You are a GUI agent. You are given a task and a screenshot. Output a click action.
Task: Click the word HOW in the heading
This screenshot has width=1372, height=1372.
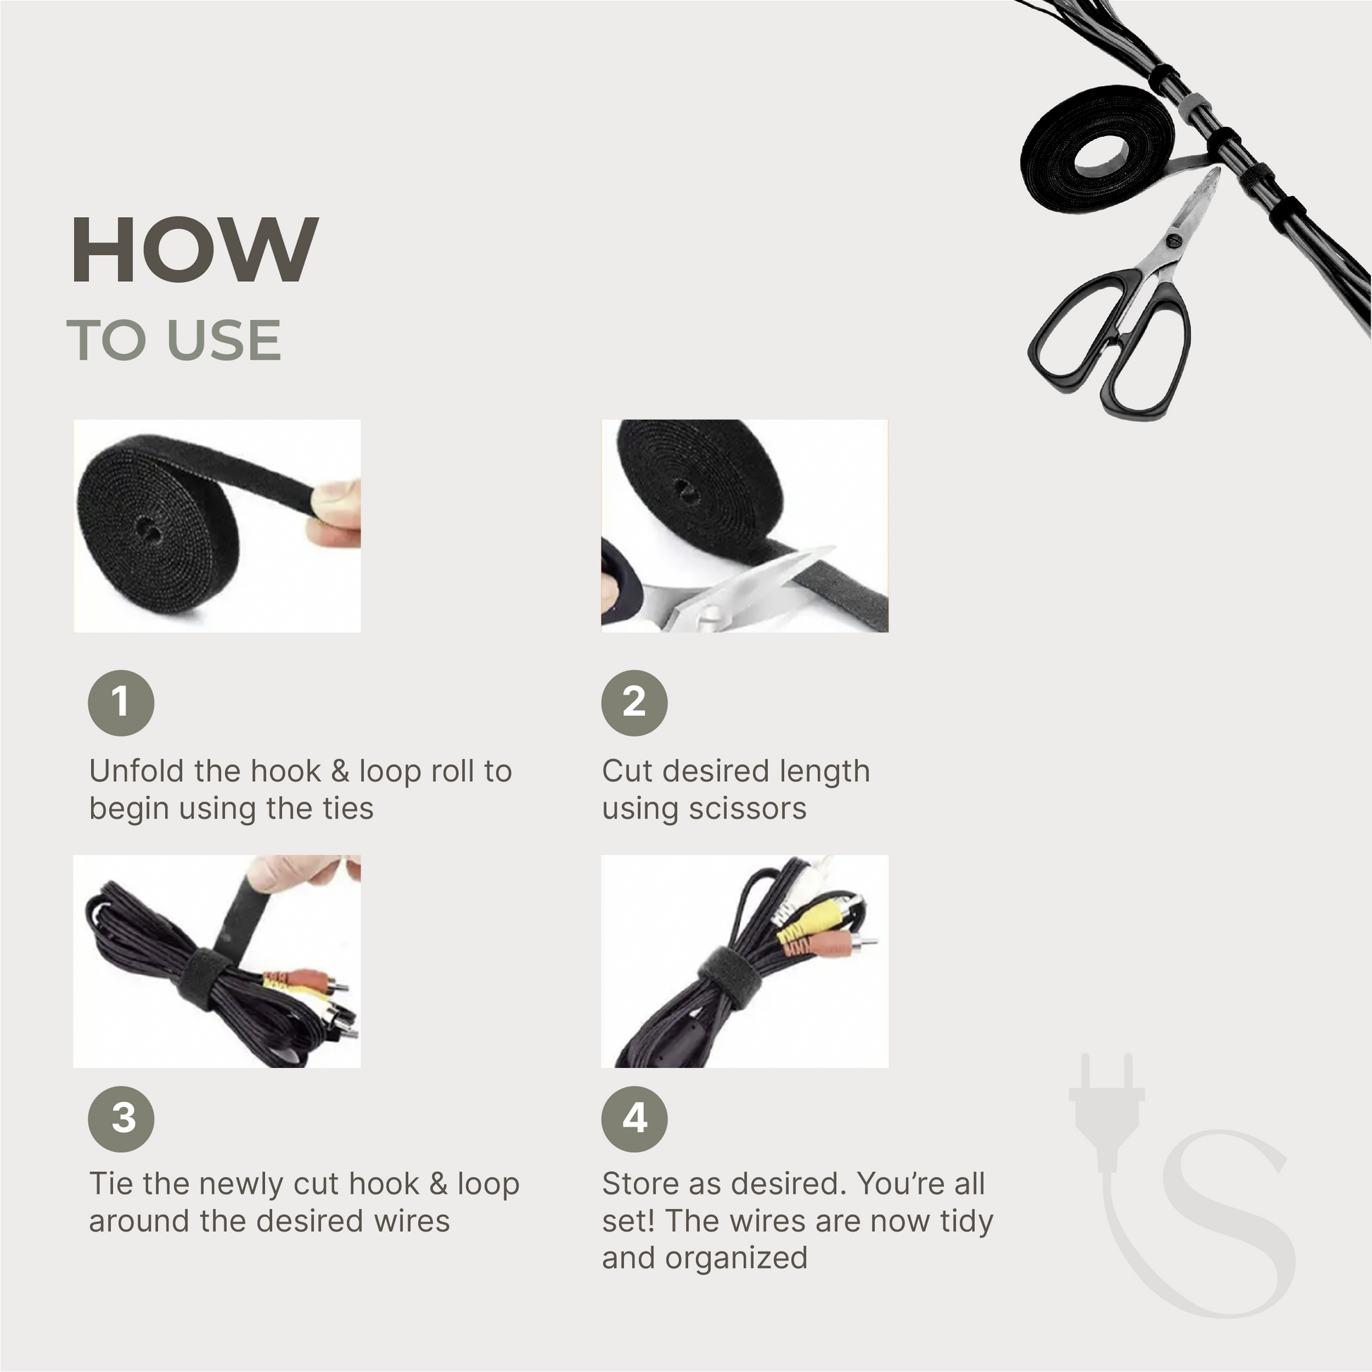[x=194, y=251]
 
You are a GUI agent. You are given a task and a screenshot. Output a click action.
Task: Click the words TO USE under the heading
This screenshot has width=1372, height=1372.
[x=174, y=340]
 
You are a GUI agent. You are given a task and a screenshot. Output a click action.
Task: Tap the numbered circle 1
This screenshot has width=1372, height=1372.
[x=121, y=702]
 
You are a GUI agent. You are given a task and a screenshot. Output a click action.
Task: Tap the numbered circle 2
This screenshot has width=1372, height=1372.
[x=634, y=702]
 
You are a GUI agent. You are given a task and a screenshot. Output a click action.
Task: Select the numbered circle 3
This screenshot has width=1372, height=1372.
[x=121, y=1118]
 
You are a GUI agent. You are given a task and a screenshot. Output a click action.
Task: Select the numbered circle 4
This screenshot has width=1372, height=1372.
[x=634, y=1118]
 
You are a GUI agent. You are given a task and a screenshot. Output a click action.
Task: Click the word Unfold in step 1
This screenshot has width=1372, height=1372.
[x=130, y=771]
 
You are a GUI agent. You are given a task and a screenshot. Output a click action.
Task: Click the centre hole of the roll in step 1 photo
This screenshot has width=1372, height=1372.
[x=147, y=529]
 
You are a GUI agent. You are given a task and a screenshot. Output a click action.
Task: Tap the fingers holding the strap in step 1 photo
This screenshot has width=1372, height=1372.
[x=338, y=511]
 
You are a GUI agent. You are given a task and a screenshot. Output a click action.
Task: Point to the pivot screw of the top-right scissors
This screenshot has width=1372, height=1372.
[x=1173, y=240]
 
